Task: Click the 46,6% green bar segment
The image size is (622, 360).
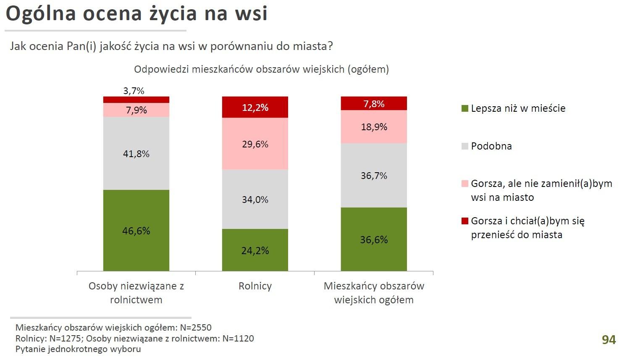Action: [136, 230]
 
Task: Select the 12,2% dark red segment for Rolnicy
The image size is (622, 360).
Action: [255, 107]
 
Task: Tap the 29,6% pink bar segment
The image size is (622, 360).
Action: [255, 144]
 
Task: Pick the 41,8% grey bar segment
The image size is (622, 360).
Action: [136, 153]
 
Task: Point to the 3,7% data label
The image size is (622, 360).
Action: [134, 91]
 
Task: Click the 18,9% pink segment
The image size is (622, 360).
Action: [374, 127]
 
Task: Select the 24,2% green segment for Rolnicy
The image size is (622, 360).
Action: [255, 250]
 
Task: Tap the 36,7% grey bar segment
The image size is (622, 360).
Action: [374, 176]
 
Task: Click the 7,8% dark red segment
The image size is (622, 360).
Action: [374, 103]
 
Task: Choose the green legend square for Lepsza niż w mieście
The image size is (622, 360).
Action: [465, 109]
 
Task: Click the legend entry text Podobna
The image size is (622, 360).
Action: [491, 146]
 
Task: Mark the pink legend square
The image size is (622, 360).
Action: [465, 184]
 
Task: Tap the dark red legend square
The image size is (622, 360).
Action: [465, 221]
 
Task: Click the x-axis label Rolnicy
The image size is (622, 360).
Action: [255, 286]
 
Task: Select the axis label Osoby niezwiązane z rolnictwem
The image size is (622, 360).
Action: [136, 293]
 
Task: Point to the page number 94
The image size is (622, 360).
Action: [609, 339]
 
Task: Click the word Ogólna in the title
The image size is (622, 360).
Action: [41, 13]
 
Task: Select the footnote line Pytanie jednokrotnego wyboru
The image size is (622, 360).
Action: [78, 349]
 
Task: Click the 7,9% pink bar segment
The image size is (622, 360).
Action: [136, 110]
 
